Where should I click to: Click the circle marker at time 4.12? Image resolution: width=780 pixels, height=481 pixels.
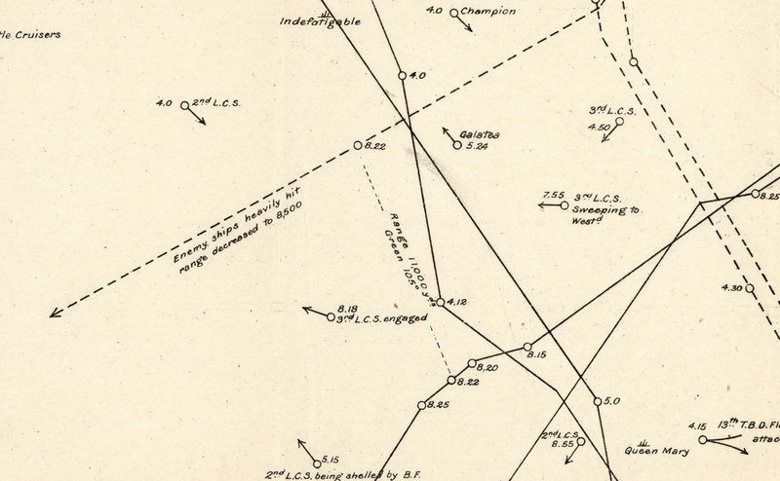click(x=440, y=303)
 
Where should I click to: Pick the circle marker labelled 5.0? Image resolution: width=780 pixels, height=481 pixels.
click(x=596, y=401)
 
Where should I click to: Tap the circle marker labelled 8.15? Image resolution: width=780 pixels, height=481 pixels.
click(x=527, y=347)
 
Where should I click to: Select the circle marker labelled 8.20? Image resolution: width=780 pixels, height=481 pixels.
click(x=472, y=365)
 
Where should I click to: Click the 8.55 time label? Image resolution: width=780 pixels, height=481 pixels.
click(x=562, y=443)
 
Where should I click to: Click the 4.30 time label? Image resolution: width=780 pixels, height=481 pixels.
click(x=732, y=287)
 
